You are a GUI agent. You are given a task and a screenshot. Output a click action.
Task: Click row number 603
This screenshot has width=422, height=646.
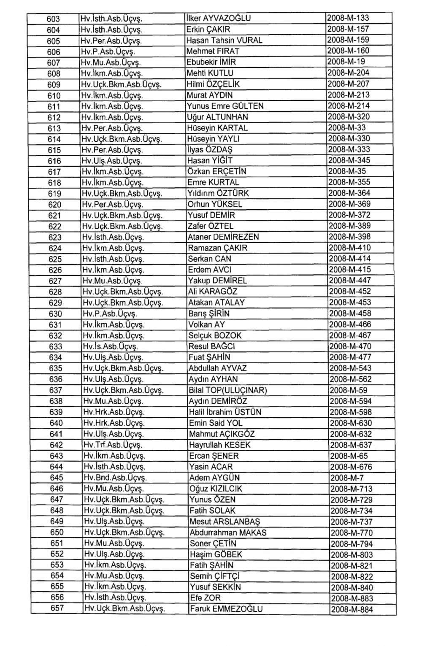(x=53, y=19)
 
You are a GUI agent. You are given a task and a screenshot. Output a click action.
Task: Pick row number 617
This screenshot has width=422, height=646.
(x=54, y=172)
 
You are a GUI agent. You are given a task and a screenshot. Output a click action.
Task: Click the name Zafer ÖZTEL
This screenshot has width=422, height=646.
(x=210, y=226)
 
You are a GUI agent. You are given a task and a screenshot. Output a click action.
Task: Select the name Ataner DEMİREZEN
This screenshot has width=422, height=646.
(x=223, y=237)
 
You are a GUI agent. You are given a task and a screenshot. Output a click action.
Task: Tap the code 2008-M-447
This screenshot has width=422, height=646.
(x=350, y=281)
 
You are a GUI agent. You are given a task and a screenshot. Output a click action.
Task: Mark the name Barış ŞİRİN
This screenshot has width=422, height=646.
(x=209, y=314)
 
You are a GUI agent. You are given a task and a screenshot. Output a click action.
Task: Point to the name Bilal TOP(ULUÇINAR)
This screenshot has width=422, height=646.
(x=228, y=390)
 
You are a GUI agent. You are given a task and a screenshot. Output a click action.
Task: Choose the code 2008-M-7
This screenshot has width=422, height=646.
(x=346, y=478)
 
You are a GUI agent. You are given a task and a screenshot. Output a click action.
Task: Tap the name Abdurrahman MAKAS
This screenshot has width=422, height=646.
(x=228, y=532)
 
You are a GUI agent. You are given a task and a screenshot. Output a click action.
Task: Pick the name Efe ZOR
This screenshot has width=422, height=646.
(x=205, y=598)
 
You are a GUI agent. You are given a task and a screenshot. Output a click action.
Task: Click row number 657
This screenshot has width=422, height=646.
(x=57, y=608)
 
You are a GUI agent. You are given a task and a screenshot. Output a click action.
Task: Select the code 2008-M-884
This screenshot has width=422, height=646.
(x=352, y=609)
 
